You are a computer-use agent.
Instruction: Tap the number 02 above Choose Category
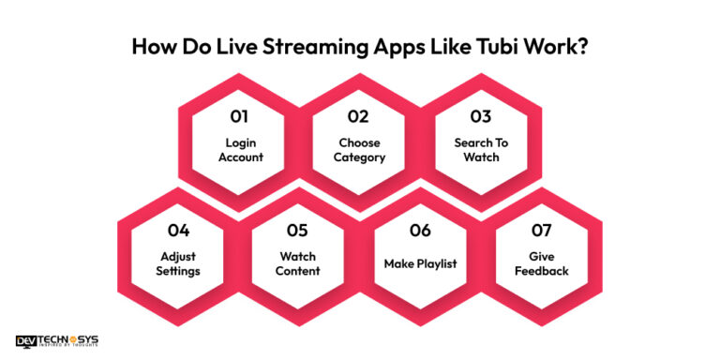(359, 117)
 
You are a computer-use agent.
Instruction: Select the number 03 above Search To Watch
(480, 117)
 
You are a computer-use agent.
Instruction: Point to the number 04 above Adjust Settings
(179, 230)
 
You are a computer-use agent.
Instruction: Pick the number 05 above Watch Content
(298, 230)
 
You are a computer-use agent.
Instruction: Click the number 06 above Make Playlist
(420, 230)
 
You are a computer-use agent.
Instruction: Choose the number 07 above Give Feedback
(539, 230)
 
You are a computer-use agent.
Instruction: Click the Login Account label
(241, 150)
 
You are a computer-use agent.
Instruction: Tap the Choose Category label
(359, 150)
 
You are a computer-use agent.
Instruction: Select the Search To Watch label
(480, 150)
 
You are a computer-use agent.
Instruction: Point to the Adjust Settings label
(179, 263)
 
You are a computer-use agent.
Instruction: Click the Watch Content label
(298, 263)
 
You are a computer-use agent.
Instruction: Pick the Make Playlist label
(420, 263)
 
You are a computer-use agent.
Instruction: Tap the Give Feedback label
(540, 263)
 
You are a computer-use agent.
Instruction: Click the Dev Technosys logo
(57, 341)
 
